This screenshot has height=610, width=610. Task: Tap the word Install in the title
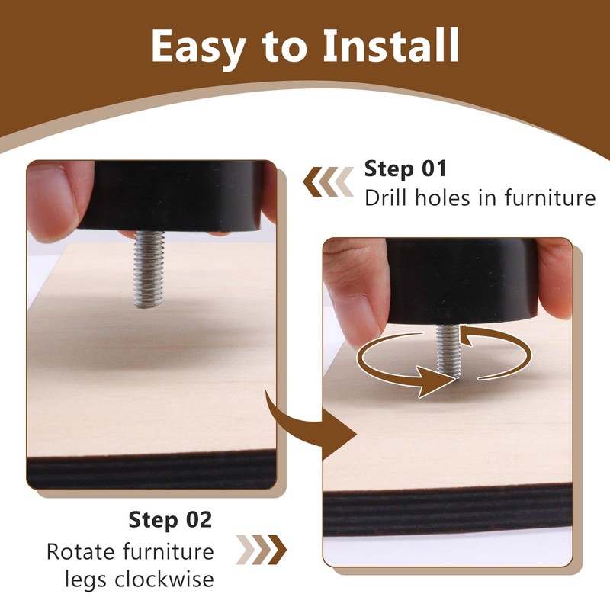[x=391, y=45]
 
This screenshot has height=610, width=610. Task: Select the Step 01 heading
[x=406, y=169]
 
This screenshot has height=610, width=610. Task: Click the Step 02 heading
[x=170, y=520]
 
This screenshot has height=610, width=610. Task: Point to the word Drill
[x=387, y=197]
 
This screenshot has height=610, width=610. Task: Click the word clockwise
[x=164, y=579]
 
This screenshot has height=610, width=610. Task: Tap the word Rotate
[x=81, y=551]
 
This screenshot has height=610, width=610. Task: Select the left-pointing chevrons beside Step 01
[x=328, y=181]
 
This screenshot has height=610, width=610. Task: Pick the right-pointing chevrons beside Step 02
[x=262, y=550]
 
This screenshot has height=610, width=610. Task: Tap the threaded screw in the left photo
[x=148, y=269]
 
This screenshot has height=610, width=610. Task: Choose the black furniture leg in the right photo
[x=462, y=281]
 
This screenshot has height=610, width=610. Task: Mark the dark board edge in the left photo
[x=152, y=470]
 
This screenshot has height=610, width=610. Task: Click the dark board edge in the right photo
[x=448, y=509]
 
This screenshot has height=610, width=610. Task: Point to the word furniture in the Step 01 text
[x=550, y=197]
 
